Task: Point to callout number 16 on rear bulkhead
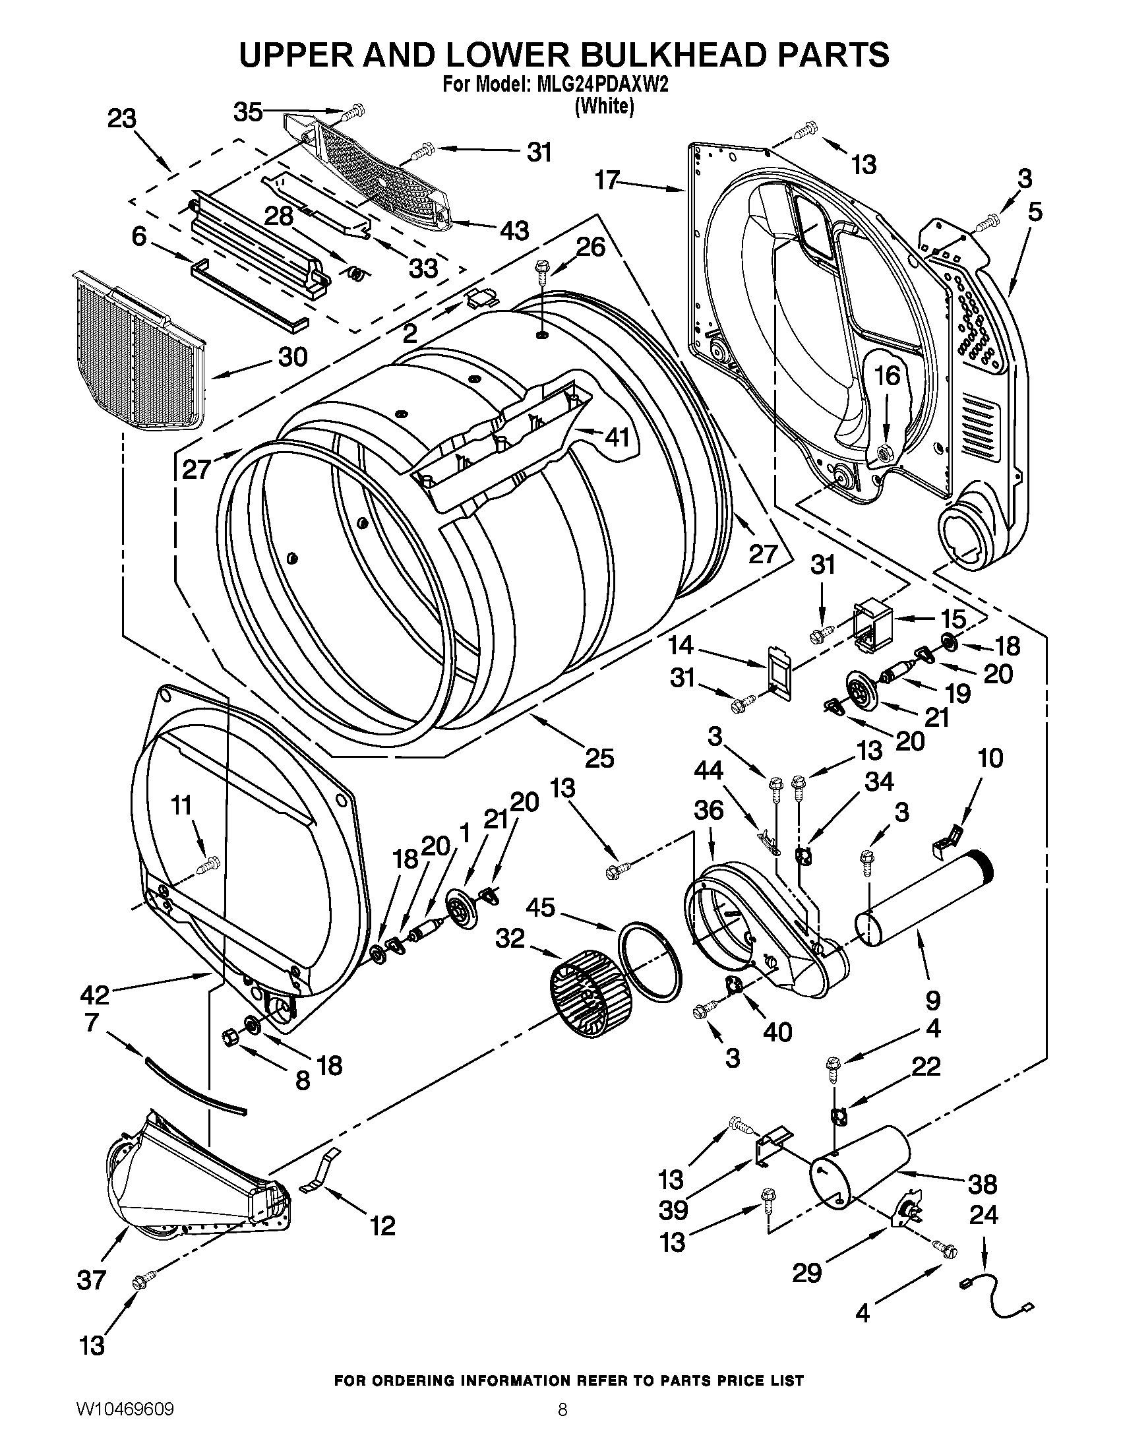click(x=886, y=376)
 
